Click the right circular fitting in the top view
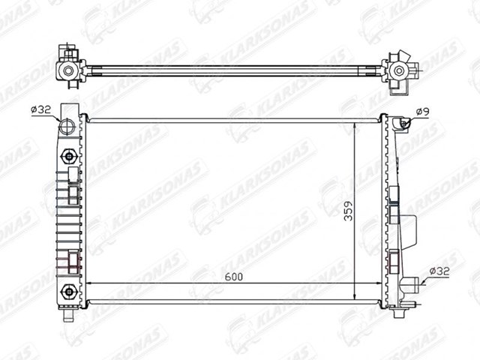tap(398, 72)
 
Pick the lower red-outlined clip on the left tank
tap(72, 260)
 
